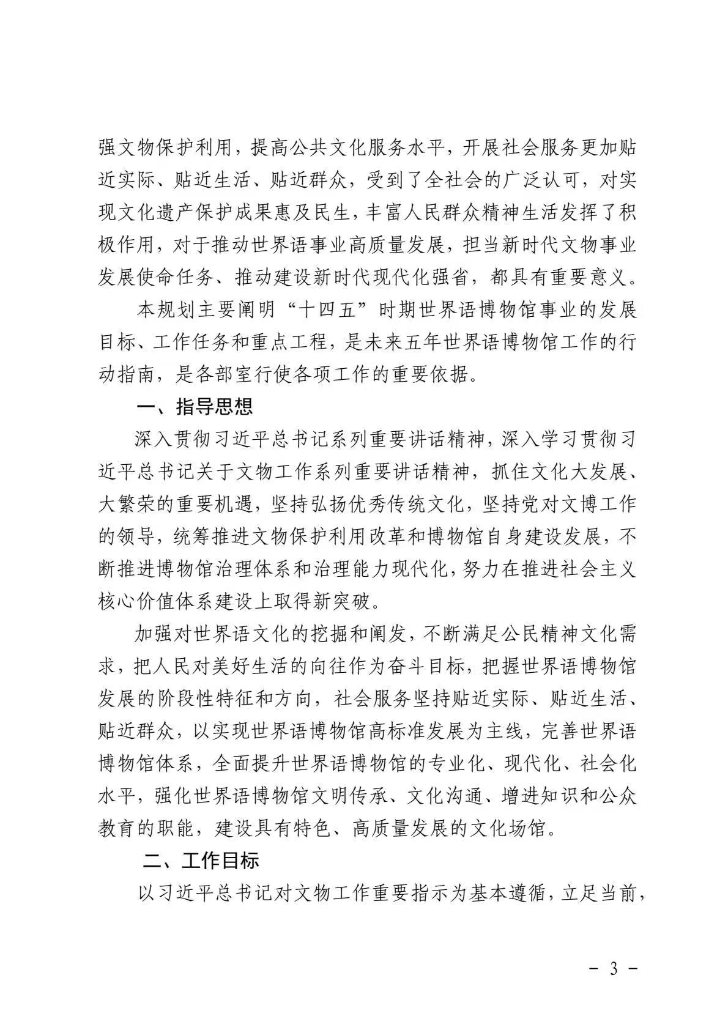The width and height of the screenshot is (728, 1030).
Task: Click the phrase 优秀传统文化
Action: tap(395, 503)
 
